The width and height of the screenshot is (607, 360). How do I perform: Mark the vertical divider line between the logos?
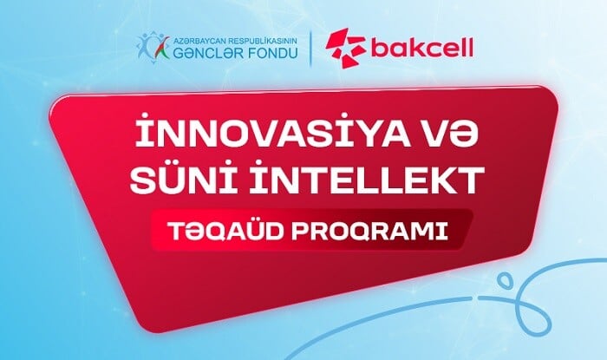point(311,48)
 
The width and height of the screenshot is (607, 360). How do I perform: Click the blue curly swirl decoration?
point(538,295)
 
